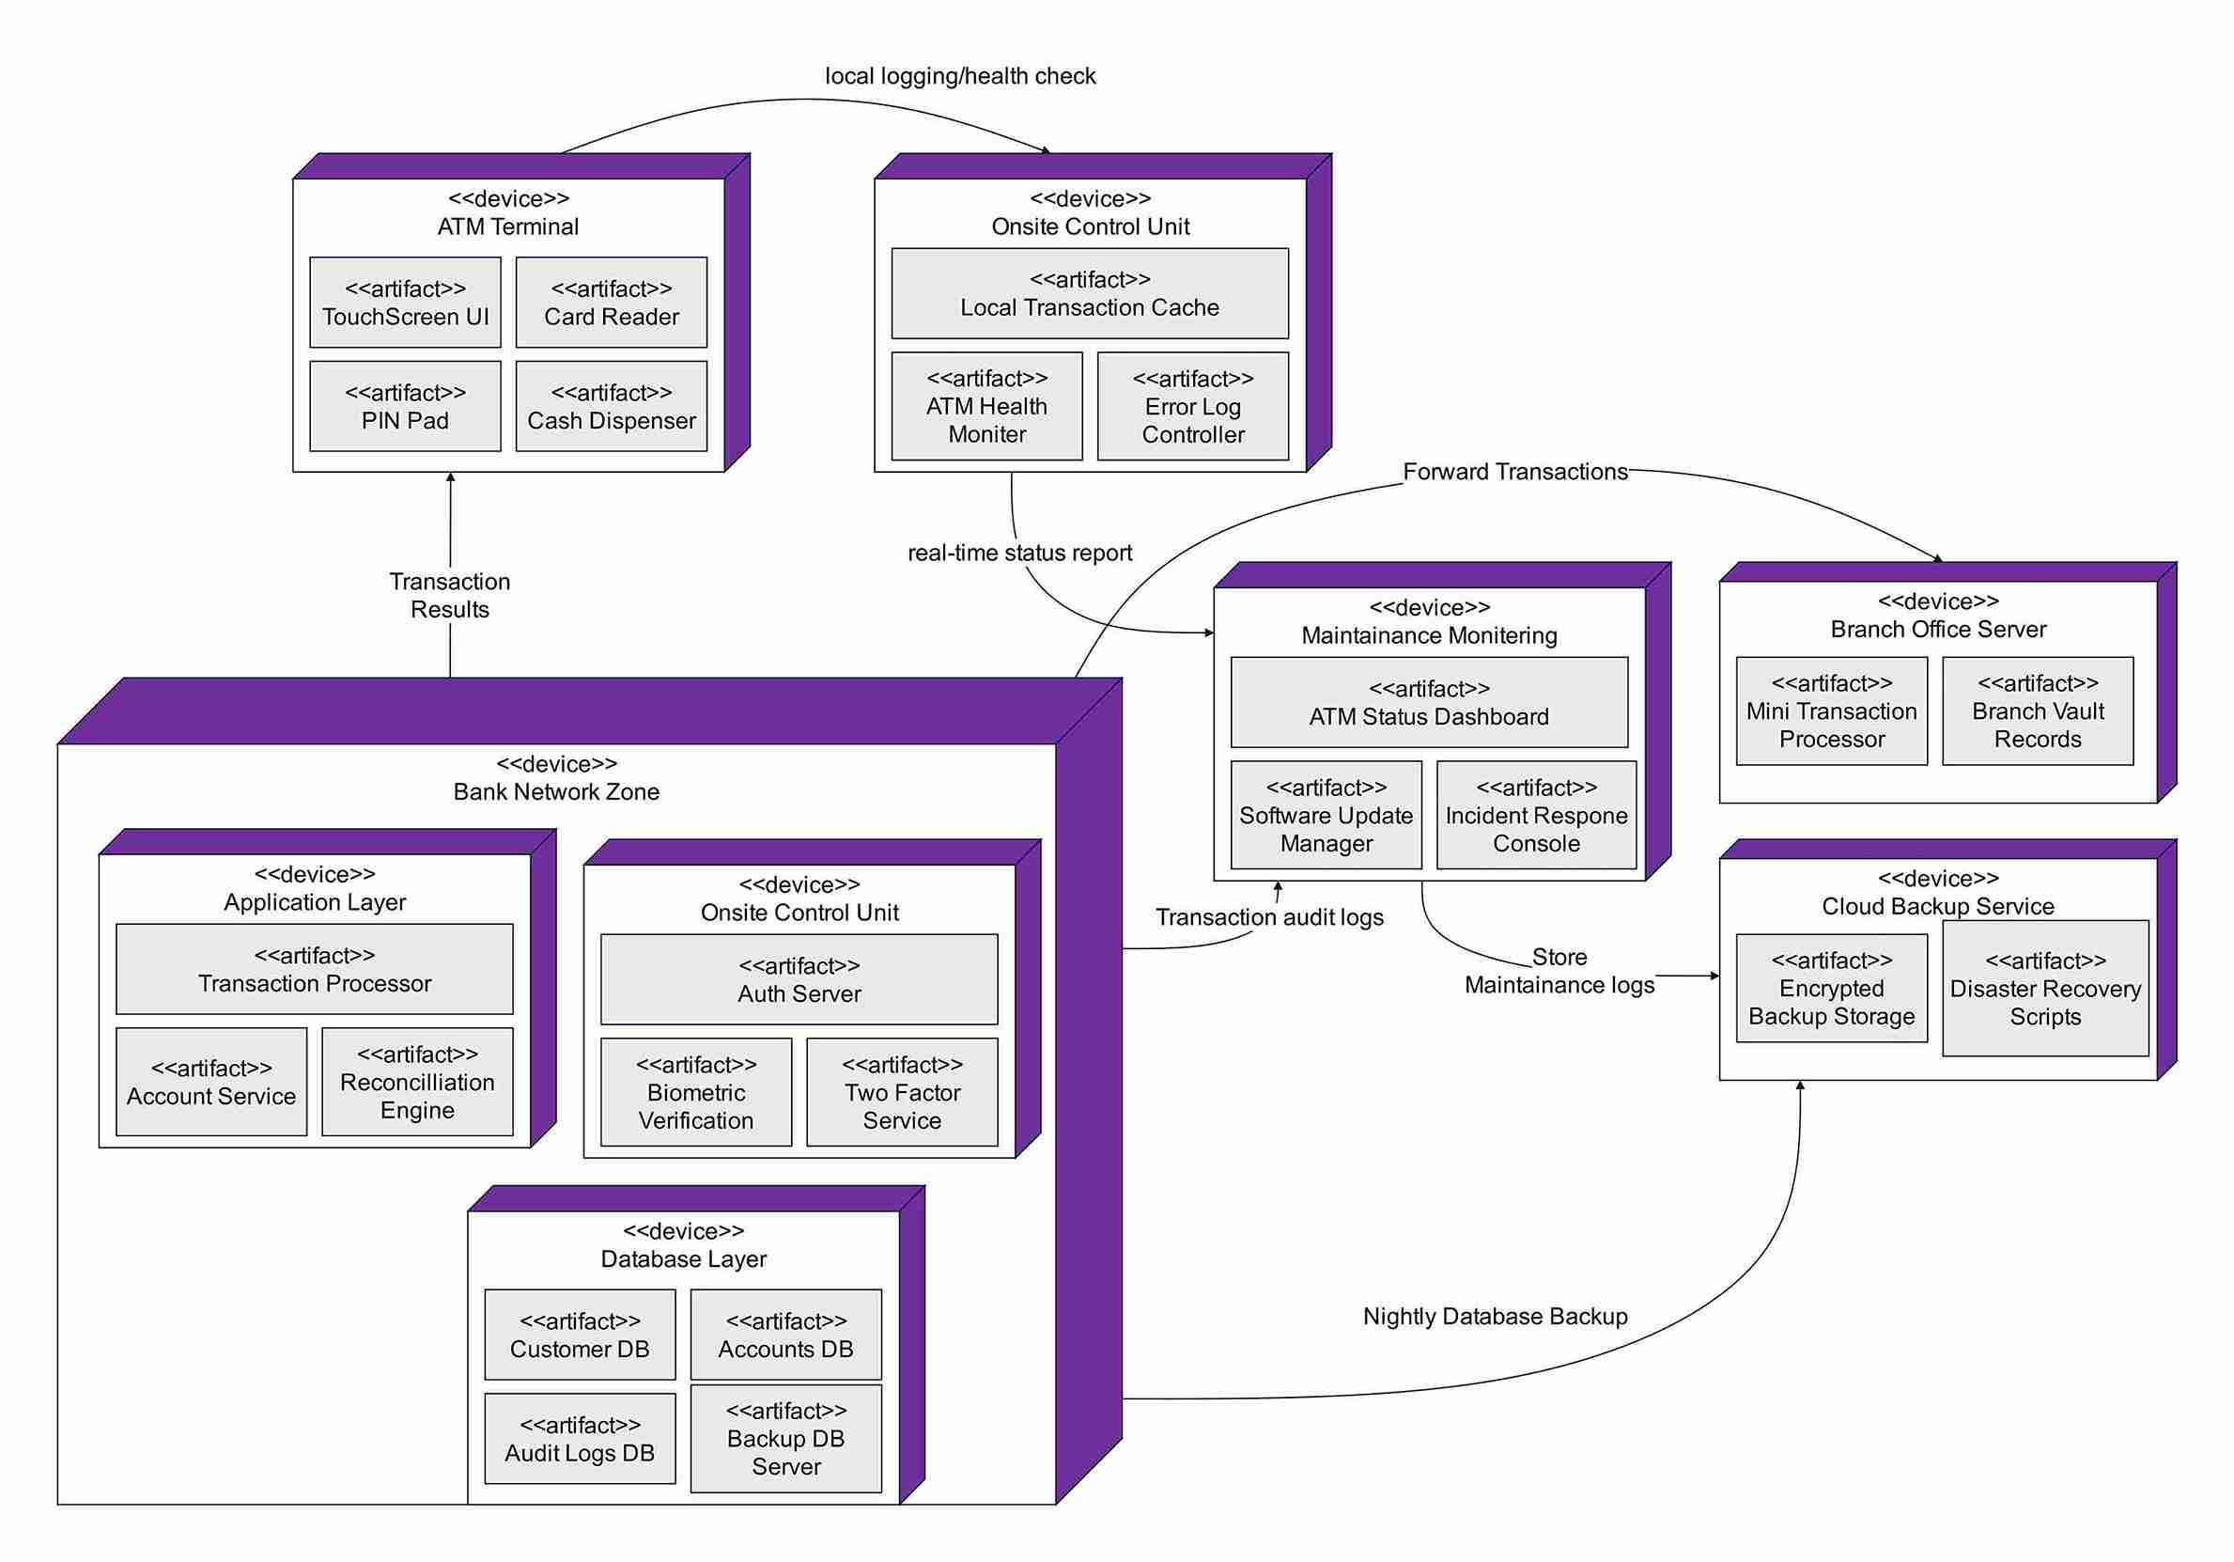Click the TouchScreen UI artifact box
tap(405, 303)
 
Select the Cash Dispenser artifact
tap(611, 407)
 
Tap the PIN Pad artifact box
tap(405, 407)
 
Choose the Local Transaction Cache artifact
tap(1090, 294)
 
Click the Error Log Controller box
tap(1193, 407)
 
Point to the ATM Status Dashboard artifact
tap(1428, 703)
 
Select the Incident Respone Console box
tap(1536, 816)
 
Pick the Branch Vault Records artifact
tap(2038, 711)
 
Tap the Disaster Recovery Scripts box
tap(2045, 989)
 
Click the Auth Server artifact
tap(799, 980)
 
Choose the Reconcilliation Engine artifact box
tap(417, 1082)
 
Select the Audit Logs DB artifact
tap(580, 1440)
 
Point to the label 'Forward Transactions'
tap(1515, 472)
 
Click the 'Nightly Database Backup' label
tap(1495, 1317)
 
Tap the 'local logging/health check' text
tap(960, 76)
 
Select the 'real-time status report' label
tap(1019, 553)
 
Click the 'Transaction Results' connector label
tap(449, 596)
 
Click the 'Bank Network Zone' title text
tap(555, 792)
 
